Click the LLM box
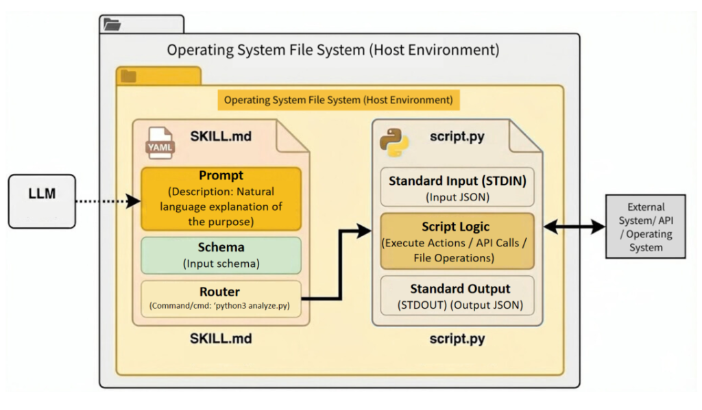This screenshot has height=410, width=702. click(42, 201)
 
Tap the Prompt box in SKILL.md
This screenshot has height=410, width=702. click(221, 198)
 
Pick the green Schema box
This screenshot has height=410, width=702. click(221, 255)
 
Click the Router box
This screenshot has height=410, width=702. click(221, 298)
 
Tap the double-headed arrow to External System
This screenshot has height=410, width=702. click(574, 227)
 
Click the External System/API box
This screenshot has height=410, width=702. click(646, 227)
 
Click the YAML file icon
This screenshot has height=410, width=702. click(160, 142)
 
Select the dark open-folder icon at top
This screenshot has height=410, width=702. click(112, 25)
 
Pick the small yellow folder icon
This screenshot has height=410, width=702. click(128, 75)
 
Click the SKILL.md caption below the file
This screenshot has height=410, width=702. click(220, 337)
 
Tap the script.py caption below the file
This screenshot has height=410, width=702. click(457, 337)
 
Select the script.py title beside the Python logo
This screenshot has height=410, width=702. click(457, 136)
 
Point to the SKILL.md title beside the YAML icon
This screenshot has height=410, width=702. click(220, 136)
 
